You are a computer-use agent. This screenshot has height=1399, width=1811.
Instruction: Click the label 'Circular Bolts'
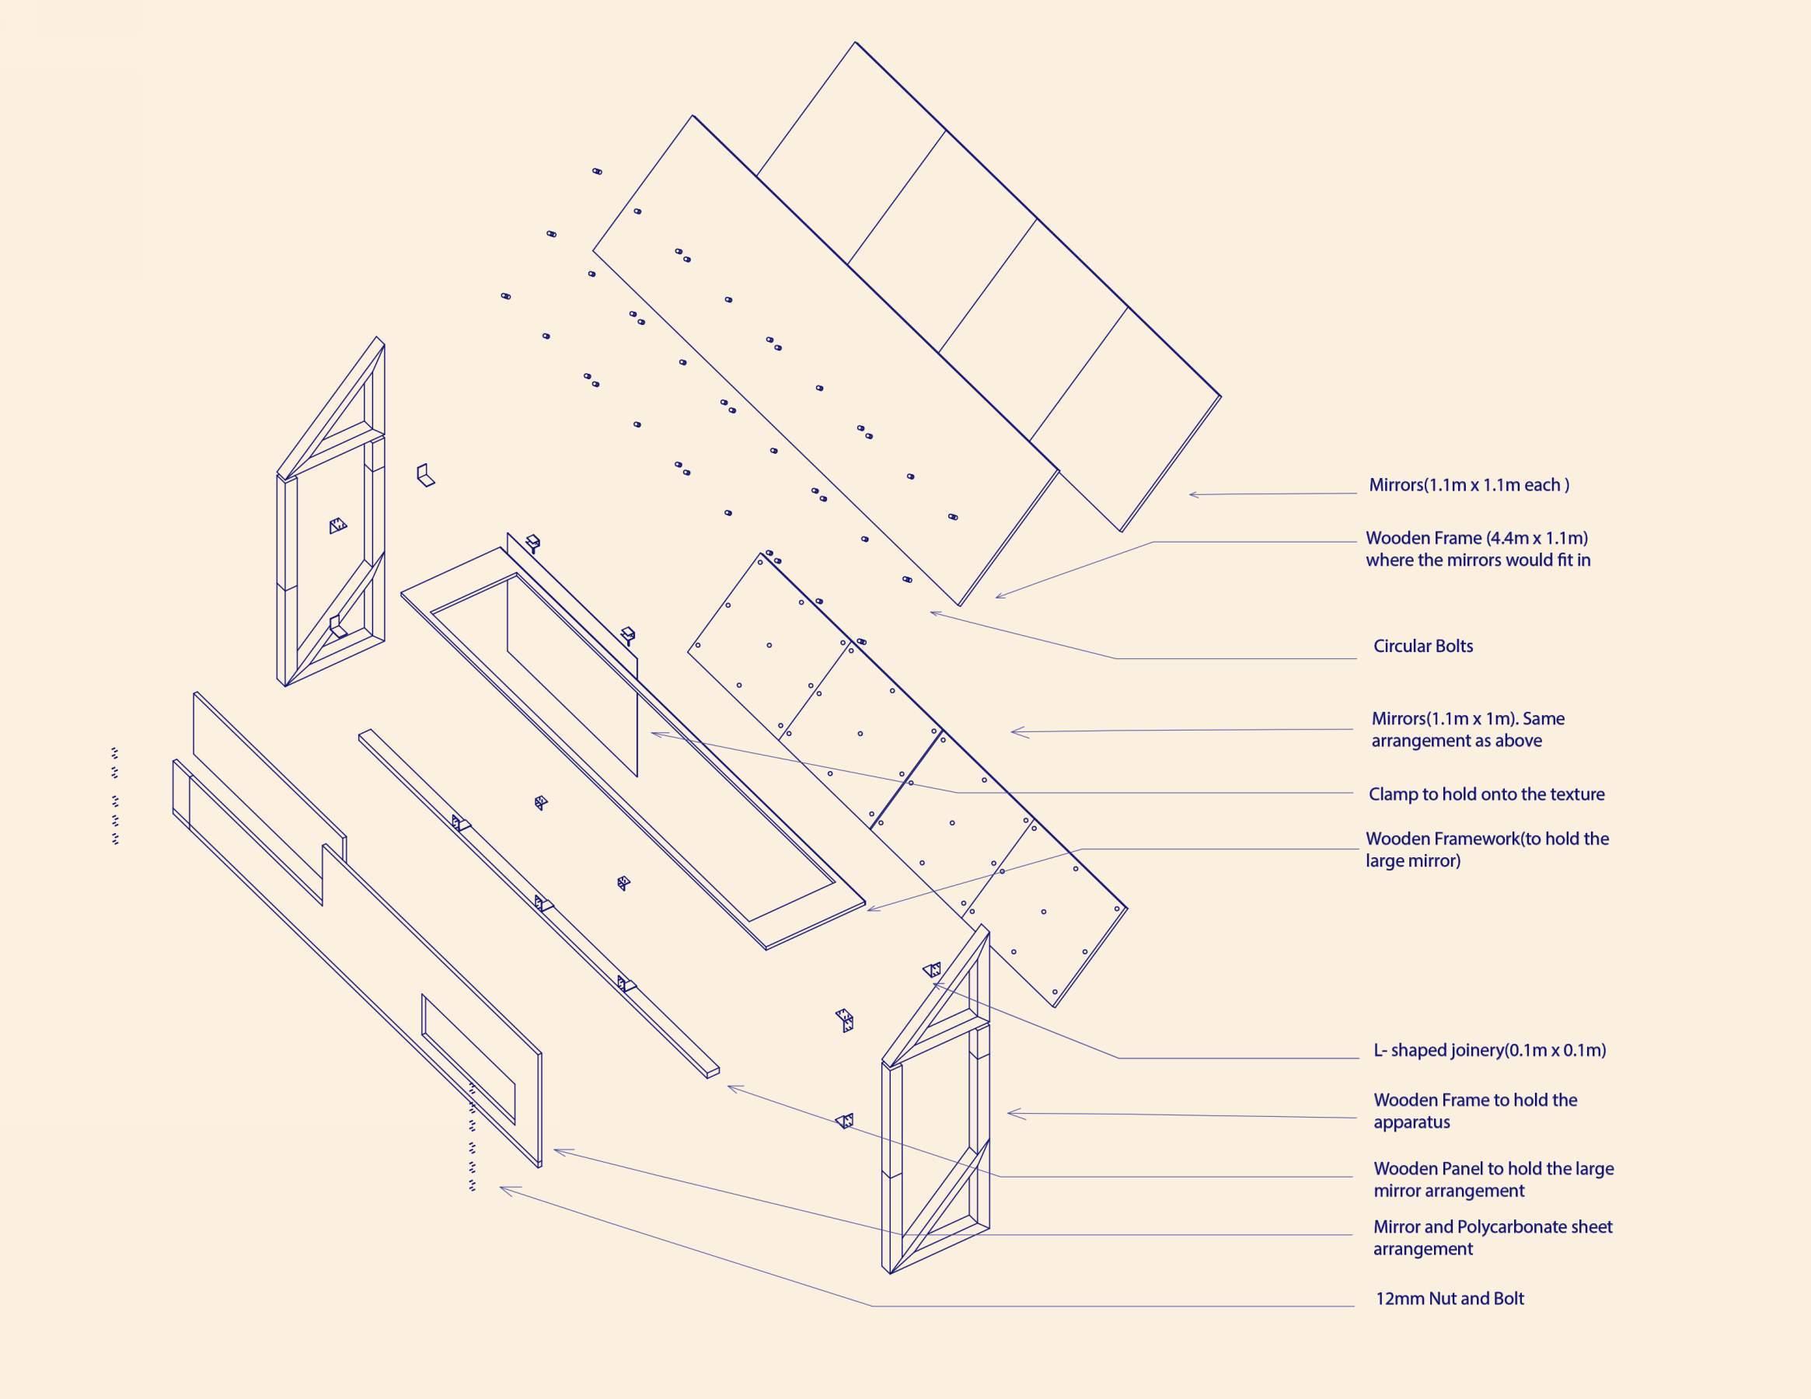pyautogui.click(x=1423, y=646)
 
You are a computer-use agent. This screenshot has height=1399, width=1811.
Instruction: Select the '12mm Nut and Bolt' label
pyautogui.click(x=1450, y=1299)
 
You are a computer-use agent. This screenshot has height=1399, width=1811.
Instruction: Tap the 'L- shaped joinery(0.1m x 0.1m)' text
pyautogui.click(x=1489, y=1051)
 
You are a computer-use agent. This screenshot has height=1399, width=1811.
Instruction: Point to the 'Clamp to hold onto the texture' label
pyautogui.click(x=1486, y=794)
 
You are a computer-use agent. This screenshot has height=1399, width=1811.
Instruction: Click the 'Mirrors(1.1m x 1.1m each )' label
pyautogui.click(x=1468, y=485)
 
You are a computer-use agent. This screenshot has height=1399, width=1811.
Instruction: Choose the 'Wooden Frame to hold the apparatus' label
pyautogui.click(x=1475, y=1111)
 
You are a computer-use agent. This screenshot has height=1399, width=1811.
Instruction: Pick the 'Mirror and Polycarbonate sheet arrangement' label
pyautogui.click(x=1492, y=1237)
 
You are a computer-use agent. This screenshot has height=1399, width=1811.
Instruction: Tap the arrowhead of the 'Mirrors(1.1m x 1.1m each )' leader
pyautogui.click(x=1191, y=495)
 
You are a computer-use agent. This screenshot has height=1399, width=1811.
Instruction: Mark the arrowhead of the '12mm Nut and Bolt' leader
pyautogui.click(x=501, y=1189)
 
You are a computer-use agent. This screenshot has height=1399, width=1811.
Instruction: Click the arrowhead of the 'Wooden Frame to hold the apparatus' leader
pyautogui.click(x=1009, y=1114)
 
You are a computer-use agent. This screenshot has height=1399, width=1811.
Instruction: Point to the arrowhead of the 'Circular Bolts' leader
pyautogui.click(x=932, y=613)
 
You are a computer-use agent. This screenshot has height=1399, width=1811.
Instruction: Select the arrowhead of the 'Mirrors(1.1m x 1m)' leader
pyautogui.click(x=1014, y=732)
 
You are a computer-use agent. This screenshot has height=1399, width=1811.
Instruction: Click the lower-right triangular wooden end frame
pyautogui.click(x=937, y=1103)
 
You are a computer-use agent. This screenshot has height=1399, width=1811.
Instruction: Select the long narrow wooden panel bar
pyautogui.click(x=539, y=904)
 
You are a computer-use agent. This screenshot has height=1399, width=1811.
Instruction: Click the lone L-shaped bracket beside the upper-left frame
pyautogui.click(x=424, y=475)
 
